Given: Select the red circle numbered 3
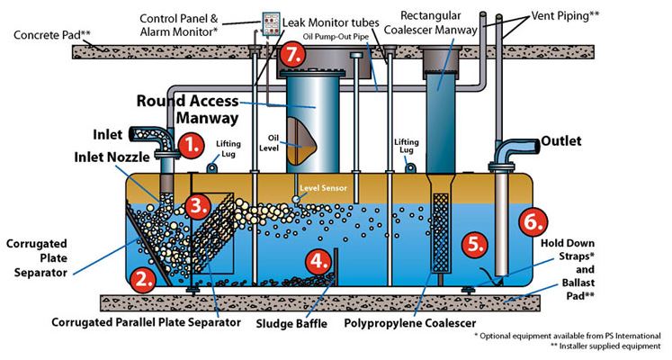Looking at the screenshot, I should click(200, 205).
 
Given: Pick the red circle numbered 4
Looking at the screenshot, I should click(318, 262).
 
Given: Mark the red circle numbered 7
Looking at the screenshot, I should click(290, 53).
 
